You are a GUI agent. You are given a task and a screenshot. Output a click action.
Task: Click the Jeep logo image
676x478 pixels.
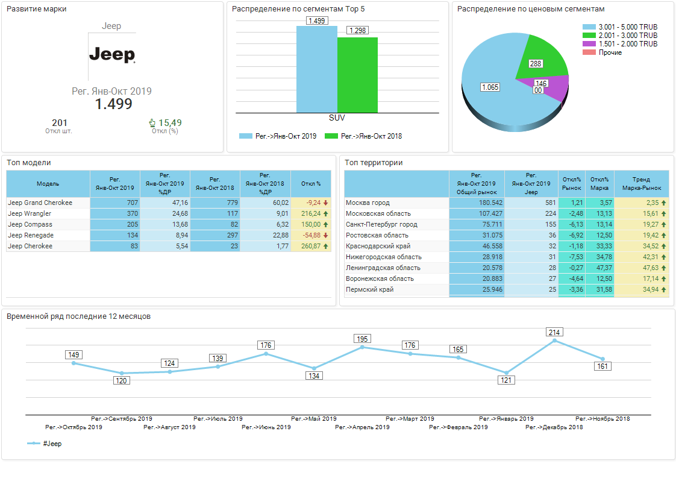112,55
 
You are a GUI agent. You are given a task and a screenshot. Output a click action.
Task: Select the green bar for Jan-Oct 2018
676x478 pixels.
357,75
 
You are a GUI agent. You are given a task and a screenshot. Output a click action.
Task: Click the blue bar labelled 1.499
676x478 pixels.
316,69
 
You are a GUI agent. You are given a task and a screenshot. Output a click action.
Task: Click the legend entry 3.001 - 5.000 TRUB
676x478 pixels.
627,27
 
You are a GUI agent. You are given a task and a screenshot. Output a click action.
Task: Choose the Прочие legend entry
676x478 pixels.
610,52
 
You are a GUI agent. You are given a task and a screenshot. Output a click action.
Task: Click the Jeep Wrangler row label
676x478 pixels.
30,213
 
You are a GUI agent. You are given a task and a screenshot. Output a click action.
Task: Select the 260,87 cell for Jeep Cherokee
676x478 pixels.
311,246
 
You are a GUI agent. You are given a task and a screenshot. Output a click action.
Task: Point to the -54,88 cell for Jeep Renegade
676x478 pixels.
311,235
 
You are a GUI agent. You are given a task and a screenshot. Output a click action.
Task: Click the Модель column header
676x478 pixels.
48,183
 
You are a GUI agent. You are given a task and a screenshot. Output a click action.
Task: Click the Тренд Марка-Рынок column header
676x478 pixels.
641,183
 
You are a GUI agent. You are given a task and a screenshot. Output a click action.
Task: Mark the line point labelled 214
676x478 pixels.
555,341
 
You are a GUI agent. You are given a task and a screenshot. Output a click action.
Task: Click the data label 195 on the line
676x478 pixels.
362,339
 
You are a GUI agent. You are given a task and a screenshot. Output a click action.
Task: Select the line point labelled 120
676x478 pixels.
122,373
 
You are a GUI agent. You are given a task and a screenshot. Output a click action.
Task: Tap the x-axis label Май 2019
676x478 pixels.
314,418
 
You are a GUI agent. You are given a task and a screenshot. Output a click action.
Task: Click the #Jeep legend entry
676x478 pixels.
45,444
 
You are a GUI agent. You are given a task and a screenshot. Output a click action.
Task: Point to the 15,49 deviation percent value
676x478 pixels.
169,123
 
